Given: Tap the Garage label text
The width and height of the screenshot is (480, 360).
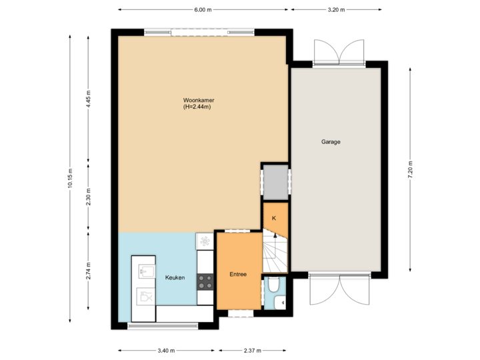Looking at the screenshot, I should (331, 142).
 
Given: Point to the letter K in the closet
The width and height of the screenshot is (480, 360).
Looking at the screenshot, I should (274, 217).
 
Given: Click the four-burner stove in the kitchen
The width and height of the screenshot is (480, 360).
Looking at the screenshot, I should (205, 281).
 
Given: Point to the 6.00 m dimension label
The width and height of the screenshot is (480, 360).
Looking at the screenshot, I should (203, 10).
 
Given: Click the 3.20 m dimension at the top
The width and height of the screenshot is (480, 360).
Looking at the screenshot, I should (337, 10).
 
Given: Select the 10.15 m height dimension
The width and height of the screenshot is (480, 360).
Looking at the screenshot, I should (71, 179).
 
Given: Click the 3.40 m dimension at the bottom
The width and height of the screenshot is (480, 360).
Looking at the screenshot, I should (167, 350).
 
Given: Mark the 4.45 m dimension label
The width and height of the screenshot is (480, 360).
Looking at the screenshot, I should (89, 99).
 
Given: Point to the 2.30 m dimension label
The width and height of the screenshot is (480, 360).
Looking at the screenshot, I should (89, 197).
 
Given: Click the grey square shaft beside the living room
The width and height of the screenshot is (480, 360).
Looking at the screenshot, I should (274, 181).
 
